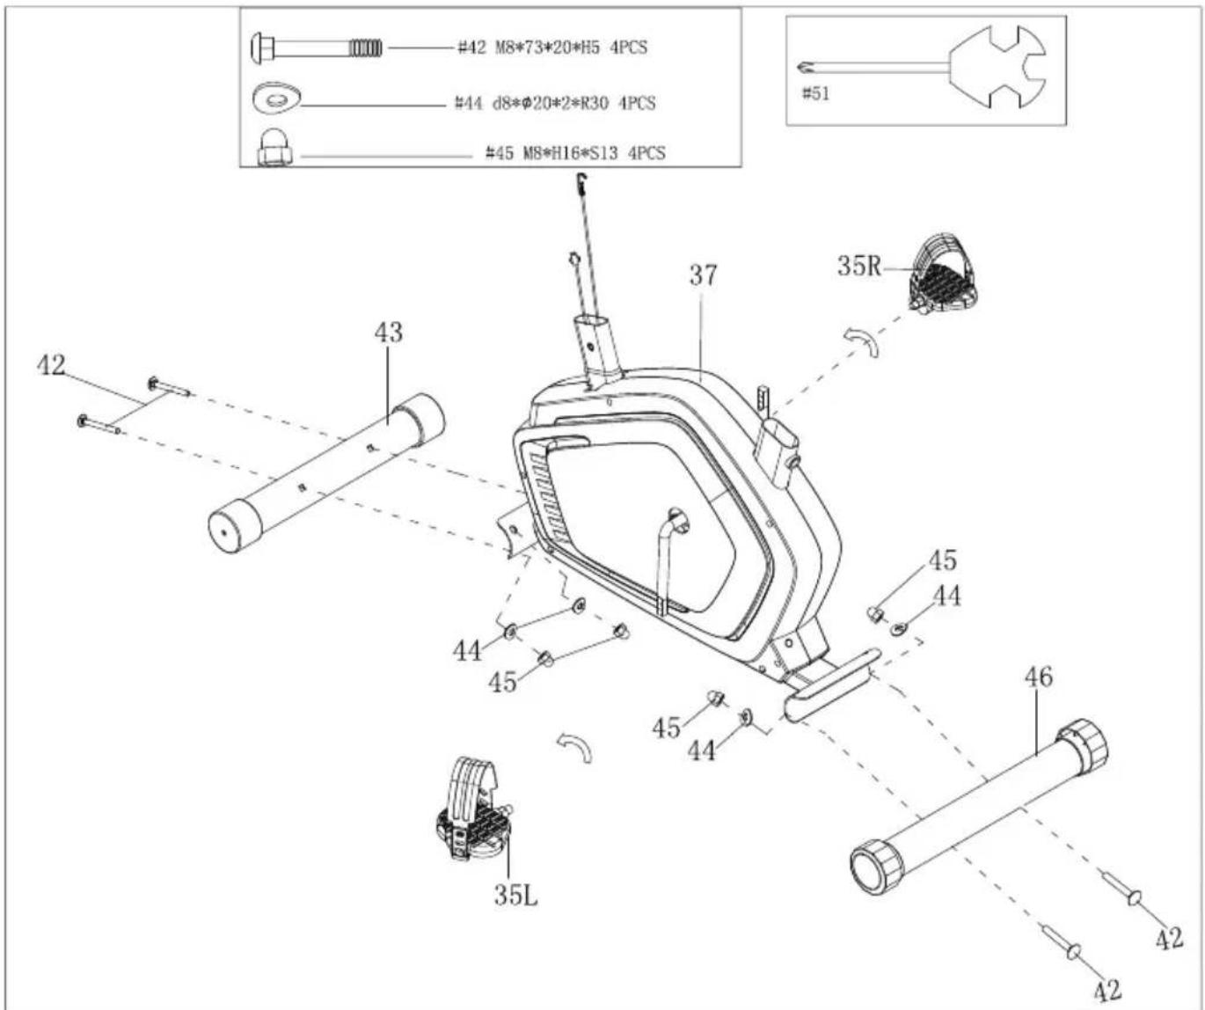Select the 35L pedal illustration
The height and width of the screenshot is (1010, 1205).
coord(473,808)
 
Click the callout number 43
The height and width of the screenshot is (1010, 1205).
coord(389,333)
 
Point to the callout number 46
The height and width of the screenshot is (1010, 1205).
coord(1039,677)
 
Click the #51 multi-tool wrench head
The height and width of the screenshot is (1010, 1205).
coord(997,67)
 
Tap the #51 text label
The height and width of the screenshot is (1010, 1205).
coord(815,93)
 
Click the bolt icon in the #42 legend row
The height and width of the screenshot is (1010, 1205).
coord(317,47)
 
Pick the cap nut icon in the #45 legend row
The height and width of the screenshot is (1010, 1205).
coord(274,148)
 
